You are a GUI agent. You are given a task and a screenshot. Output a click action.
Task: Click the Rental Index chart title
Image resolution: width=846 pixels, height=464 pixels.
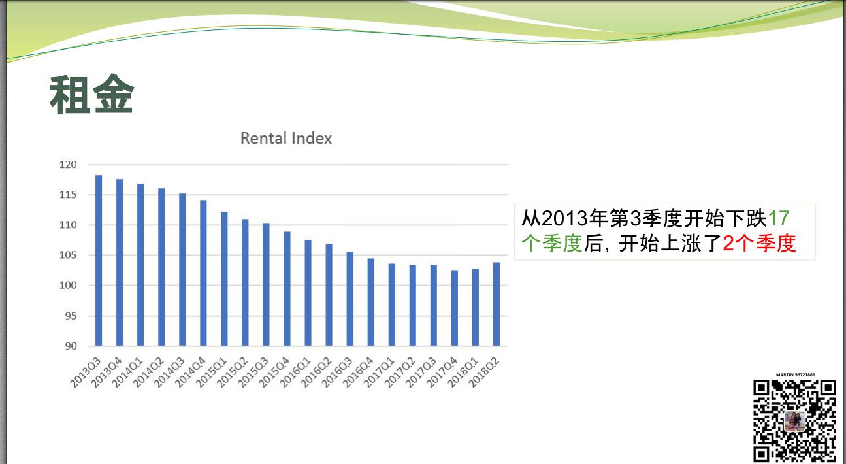pyautogui.click(x=286, y=139)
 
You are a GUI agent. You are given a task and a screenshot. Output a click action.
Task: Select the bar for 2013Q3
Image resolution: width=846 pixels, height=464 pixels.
pyautogui.click(x=99, y=260)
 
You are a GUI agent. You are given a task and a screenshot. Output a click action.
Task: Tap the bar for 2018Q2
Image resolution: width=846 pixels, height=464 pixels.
pyautogui.click(x=496, y=304)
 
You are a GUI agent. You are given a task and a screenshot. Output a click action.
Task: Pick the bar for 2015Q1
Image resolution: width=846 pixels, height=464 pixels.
pyautogui.click(x=224, y=279)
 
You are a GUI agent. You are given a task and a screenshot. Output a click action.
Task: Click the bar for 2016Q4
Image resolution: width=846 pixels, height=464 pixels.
pyautogui.click(x=370, y=303)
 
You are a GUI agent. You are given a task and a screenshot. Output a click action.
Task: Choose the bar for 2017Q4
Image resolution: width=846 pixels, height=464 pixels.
pyautogui.click(x=454, y=308)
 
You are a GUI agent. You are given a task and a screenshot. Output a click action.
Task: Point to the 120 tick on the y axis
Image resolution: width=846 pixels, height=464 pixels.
pyautogui.click(x=68, y=165)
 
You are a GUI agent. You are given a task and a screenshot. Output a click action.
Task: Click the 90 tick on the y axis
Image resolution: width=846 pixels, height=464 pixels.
pyautogui.click(x=71, y=346)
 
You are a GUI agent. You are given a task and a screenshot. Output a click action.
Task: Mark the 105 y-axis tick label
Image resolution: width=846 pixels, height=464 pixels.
pyautogui.click(x=68, y=255)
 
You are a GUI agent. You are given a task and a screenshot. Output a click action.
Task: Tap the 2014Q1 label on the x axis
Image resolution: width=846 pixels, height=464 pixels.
pyautogui.click(x=129, y=373)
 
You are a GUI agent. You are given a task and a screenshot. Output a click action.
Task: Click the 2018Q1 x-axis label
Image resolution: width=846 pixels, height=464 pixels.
pyautogui.click(x=463, y=373)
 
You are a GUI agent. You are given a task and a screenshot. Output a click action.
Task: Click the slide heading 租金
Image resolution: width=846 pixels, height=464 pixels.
pyautogui.click(x=91, y=94)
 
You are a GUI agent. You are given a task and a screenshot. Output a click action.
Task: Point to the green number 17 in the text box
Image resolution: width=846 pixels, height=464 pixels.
pyautogui.click(x=779, y=218)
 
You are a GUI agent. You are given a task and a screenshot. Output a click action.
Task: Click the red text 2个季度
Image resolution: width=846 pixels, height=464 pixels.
pyautogui.click(x=760, y=243)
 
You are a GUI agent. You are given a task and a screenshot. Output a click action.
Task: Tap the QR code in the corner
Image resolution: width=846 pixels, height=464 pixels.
pyautogui.click(x=794, y=422)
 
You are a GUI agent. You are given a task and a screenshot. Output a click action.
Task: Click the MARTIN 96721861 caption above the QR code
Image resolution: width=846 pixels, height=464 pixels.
pyautogui.click(x=796, y=375)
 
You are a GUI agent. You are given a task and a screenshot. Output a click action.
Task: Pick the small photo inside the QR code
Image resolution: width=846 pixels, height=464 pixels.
pyautogui.click(x=794, y=422)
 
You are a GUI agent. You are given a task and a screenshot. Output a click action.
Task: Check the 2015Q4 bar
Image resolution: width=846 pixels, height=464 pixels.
pyautogui.click(x=287, y=289)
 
